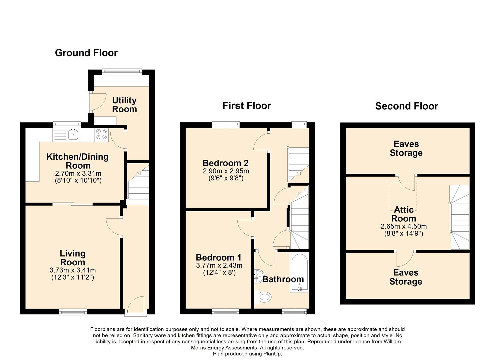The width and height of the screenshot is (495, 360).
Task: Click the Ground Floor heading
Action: click(86, 53)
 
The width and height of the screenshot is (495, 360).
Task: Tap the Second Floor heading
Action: click(407, 106)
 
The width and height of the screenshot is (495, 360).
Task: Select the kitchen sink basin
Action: click(73, 135)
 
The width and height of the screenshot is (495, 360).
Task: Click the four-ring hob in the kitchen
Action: click(102, 135)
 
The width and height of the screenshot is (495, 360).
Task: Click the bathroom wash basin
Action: click(258, 276)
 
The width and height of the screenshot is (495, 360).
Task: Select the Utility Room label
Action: click(124, 105)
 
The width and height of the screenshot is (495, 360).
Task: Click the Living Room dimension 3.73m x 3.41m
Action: click(72, 270)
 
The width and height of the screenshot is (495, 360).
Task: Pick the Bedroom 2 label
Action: click(225, 163)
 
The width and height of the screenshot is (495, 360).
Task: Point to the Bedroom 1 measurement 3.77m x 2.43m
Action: click(219, 265)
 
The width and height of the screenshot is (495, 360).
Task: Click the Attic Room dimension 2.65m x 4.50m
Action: click(404, 226)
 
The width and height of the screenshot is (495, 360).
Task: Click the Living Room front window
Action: click(73, 312)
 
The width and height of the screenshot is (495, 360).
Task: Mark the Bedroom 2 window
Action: click(226, 125)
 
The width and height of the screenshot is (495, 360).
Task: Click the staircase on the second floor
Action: click(459, 217)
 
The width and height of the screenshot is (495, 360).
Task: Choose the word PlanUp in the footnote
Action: click(272, 354)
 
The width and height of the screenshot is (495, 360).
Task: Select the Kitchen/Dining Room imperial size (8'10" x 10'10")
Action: click(78, 181)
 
